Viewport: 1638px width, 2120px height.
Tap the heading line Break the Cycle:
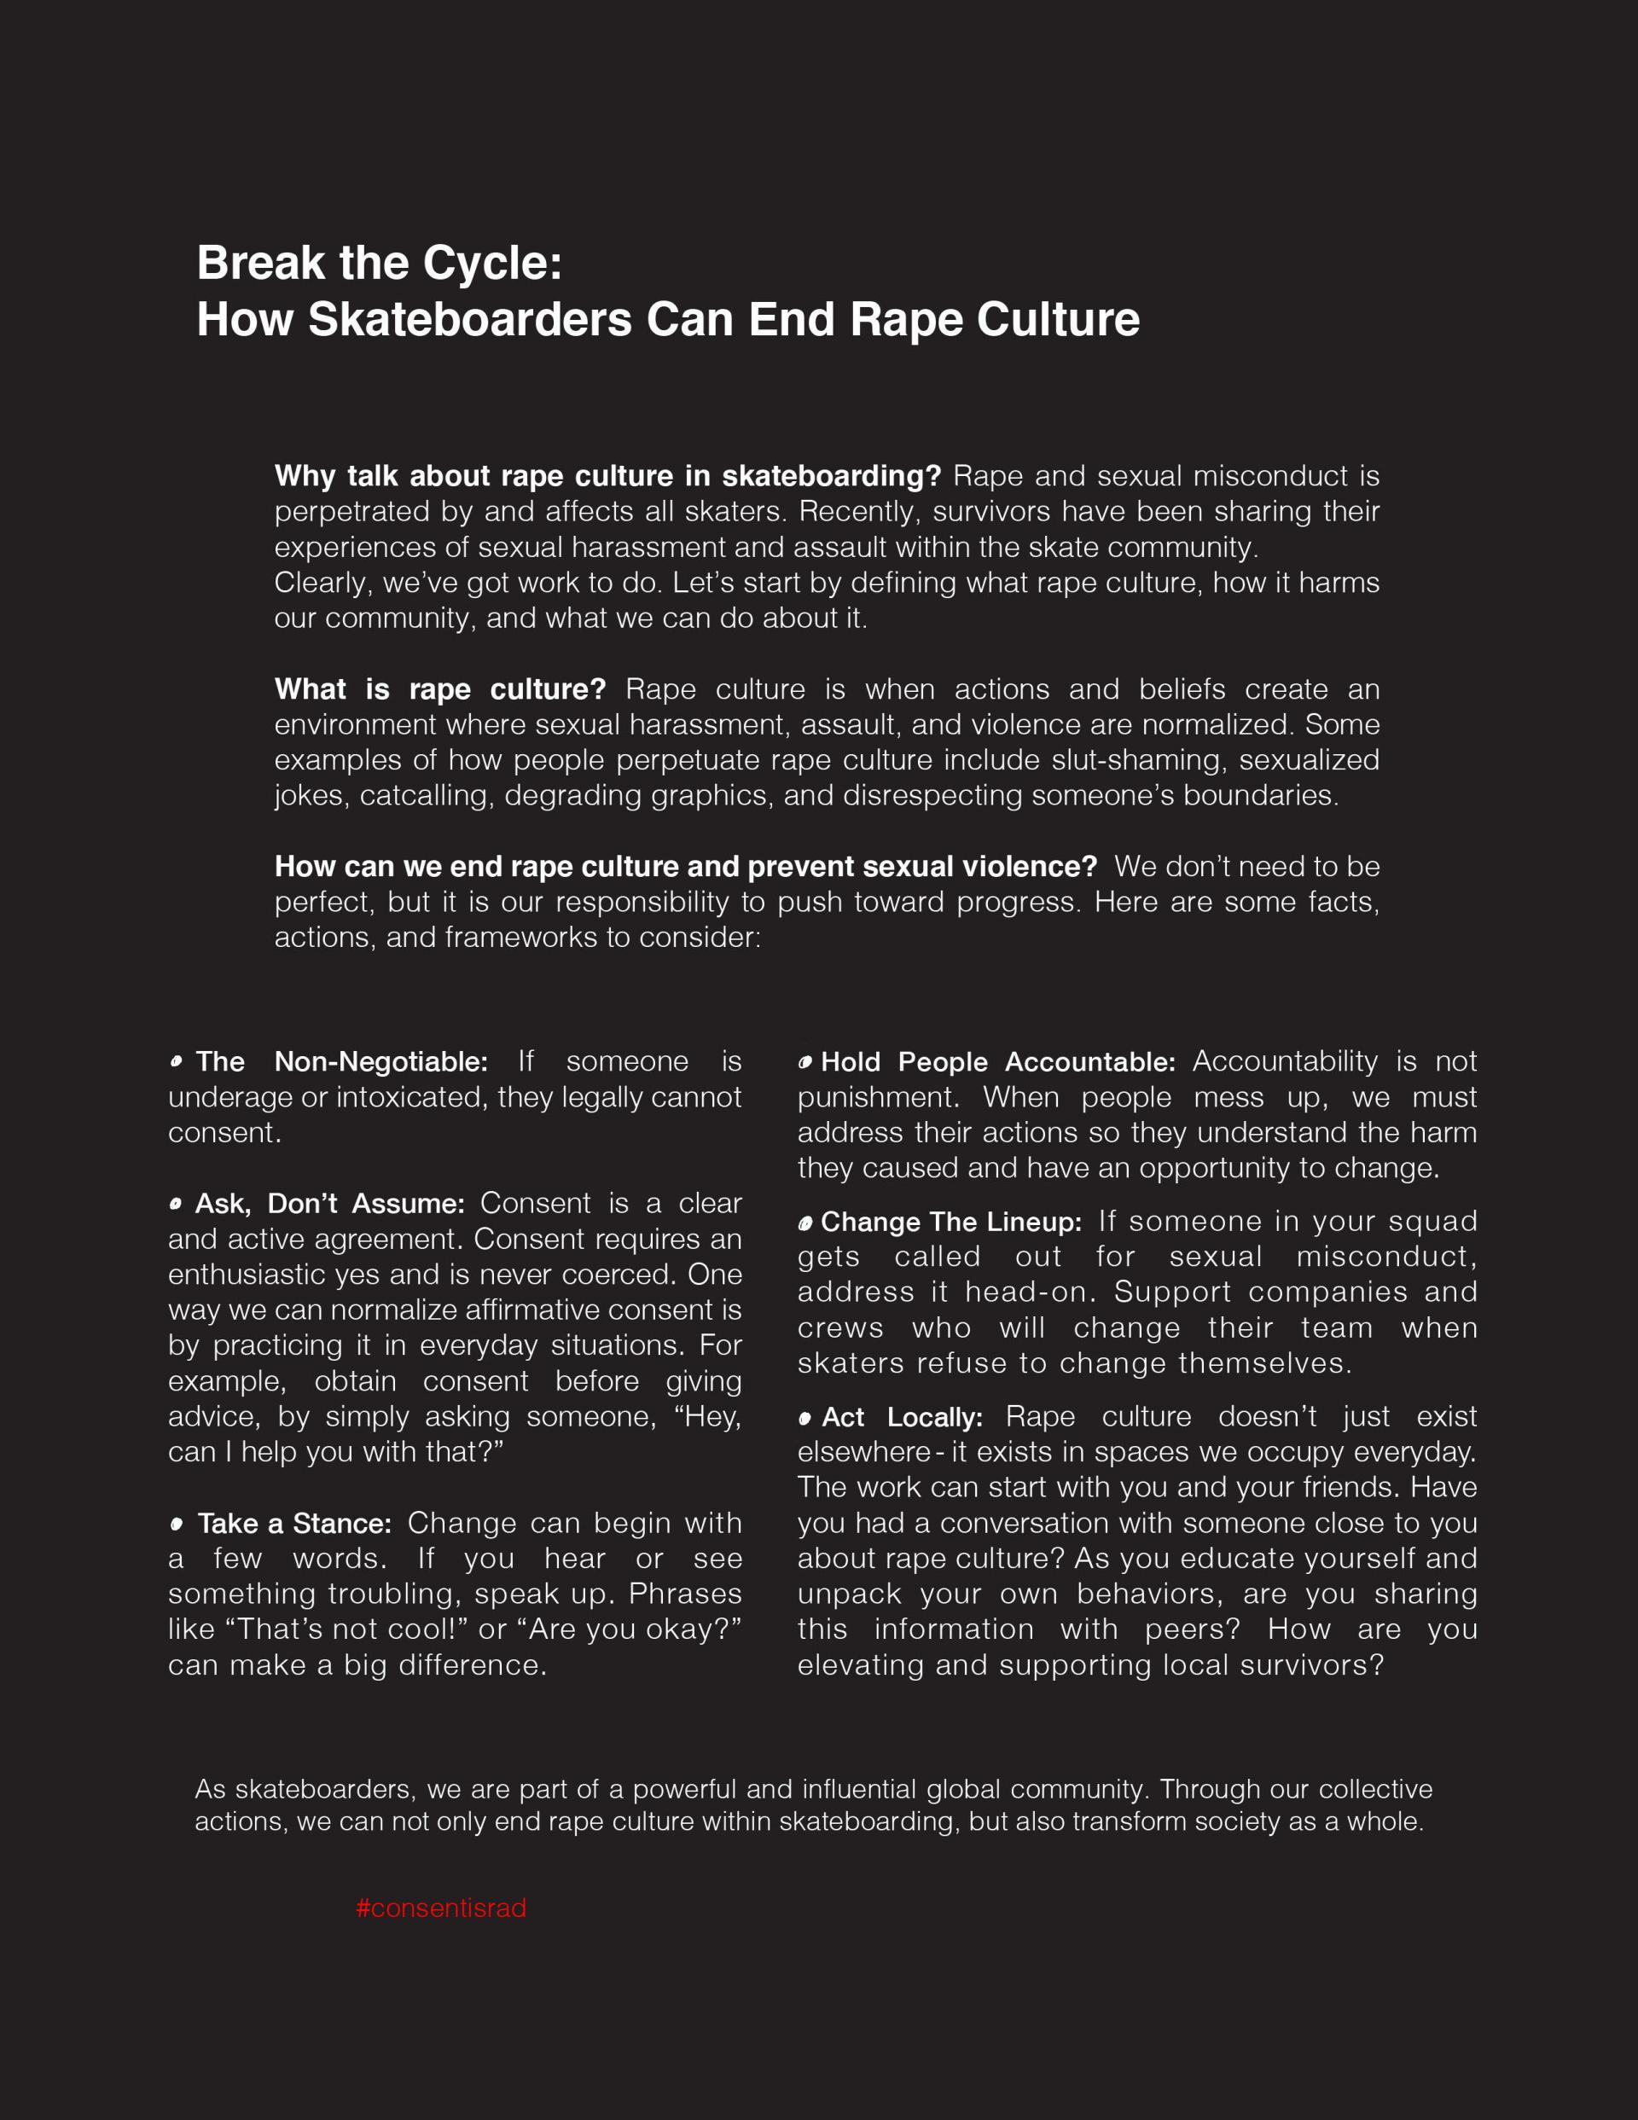coord(380,263)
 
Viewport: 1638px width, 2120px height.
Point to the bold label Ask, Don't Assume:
coord(330,1204)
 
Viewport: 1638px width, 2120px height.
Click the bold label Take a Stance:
coord(294,1523)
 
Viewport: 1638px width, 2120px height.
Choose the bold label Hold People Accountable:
coord(998,1062)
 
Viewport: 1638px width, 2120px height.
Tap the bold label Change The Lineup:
coord(951,1223)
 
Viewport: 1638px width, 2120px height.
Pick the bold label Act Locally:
coord(902,1417)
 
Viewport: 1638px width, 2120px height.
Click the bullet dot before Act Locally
coord(804,1418)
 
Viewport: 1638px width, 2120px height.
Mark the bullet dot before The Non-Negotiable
coord(176,1061)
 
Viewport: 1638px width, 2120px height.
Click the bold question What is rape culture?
coord(440,689)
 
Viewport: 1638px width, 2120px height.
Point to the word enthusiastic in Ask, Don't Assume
coord(246,1274)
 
